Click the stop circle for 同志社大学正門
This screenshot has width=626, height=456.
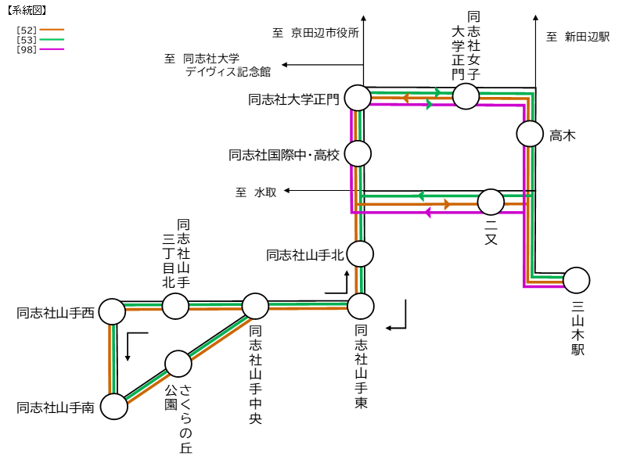click(x=358, y=99)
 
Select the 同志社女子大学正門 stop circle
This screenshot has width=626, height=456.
click(x=466, y=96)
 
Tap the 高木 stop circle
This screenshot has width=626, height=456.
click(x=530, y=134)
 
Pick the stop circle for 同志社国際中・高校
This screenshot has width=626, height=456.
click(x=358, y=153)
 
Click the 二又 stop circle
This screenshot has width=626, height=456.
click(x=491, y=202)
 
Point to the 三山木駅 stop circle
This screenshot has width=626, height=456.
click(x=577, y=280)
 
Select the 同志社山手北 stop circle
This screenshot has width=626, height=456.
click(x=360, y=253)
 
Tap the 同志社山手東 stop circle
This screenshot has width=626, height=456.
click(x=361, y=305)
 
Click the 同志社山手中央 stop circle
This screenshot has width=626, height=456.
click(x=255, y=307)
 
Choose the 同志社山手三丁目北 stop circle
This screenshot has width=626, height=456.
click(x=175, y=307)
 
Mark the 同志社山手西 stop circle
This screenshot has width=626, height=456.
click(x=112, y=311)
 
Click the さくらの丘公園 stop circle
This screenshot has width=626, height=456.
click(x=178, y=364)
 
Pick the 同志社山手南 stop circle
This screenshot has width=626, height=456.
click(x=114, y=407)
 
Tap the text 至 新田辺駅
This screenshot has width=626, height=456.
click(x=577, y=37)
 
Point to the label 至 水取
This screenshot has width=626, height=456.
click(x=256, y=192)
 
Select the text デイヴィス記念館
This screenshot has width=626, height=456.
click(x=228, y=71)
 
